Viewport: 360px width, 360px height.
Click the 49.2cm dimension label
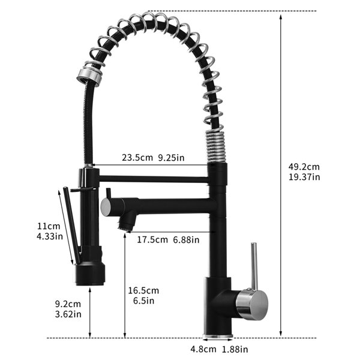304,167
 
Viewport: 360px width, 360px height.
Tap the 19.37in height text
304,177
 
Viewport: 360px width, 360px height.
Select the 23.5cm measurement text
137,158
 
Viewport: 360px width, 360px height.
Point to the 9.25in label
171,158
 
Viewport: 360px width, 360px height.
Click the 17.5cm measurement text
152,240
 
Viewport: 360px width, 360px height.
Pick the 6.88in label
186,240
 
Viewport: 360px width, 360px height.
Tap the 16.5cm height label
143,290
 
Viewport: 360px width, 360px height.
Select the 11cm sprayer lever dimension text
49,226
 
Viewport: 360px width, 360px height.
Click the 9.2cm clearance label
68,304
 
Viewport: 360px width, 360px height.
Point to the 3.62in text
68,314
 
